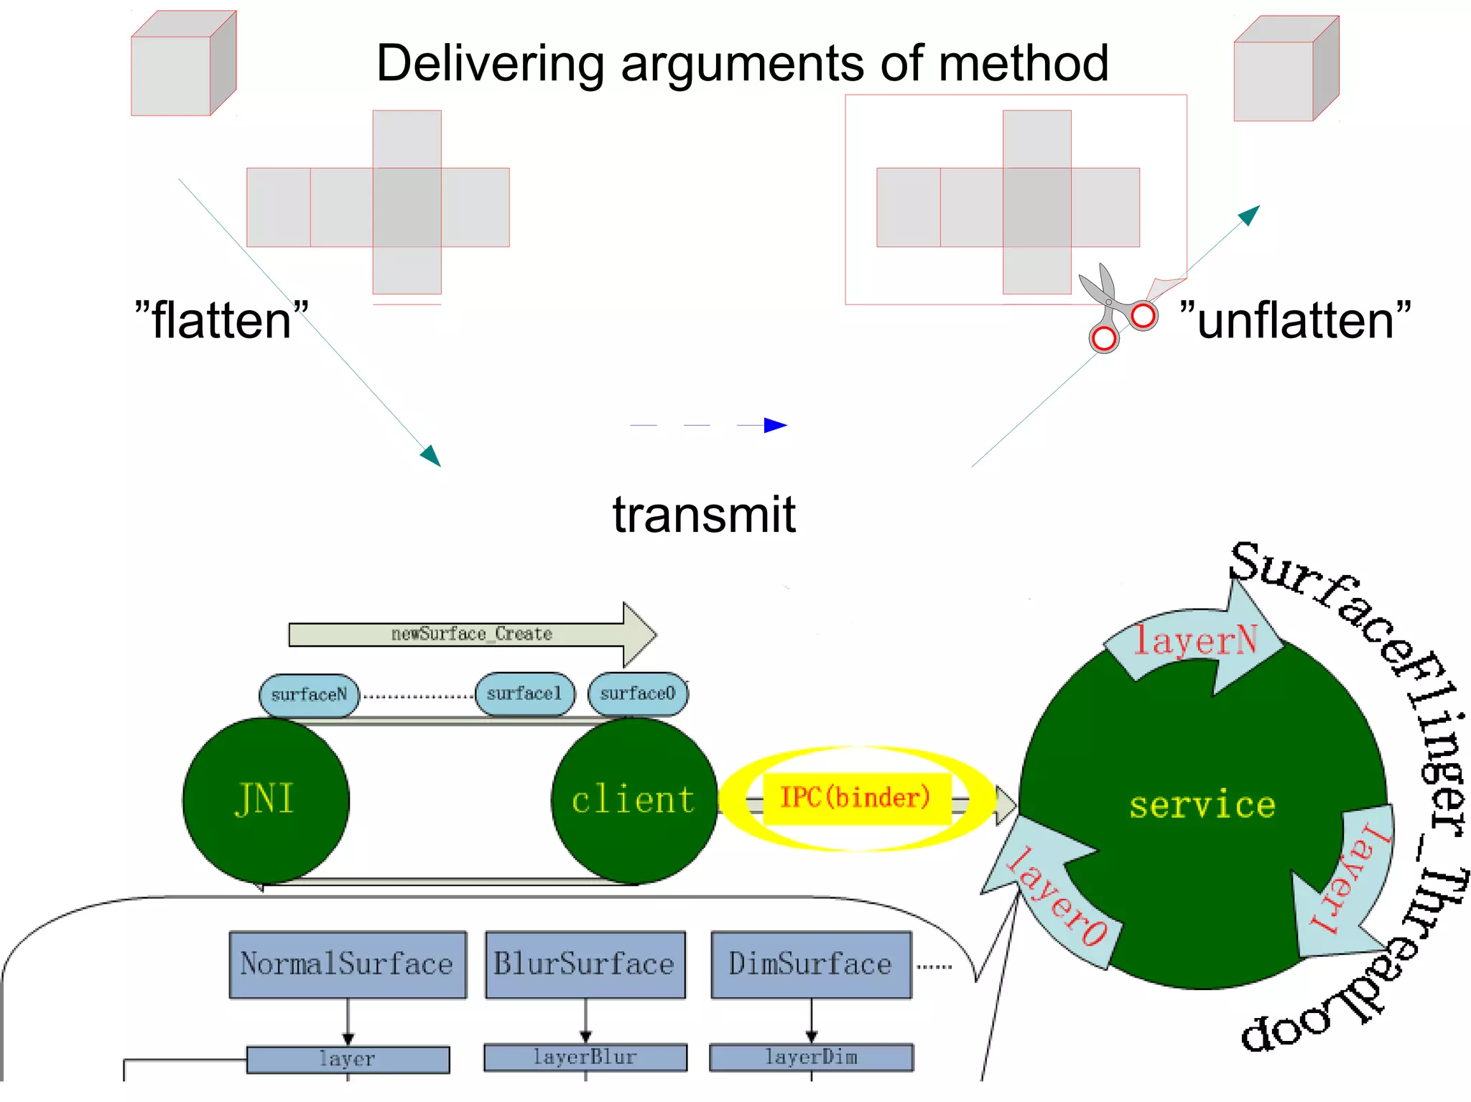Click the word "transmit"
pyautogui.click(x=703, y=515)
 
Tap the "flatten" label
pyautogui.click(x=221, y=320)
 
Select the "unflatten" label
pyautogui.click(x=1295, y=320)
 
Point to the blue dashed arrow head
pyautogui.click(x=775, y=425)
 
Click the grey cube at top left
pyautogui.click(x=183, y=64)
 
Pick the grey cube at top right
pyautogui.click(x=1286, y=70)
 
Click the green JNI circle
pyautogui.click(x=266, y=800)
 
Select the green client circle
pyautogui.click(x=634, y=800)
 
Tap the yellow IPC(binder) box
pyautogui.click(x=855, y=798)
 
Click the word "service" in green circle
pyautogui.click(x=1202, y=805)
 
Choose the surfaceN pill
pyautogui.click(x=309, y=695)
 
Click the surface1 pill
pyautogui.click(x=524, y=694)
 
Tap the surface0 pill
pyautogui.click(x=637, y=694)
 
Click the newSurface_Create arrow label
pyautogui.click(x=471, y=634)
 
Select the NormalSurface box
pyautogui.click(x=348, y=964)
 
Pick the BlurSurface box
pyautogui.click(x=585, y=964)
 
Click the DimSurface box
pyautogui.click(x=811, y=964)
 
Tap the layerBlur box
pyautogui.click(x=585, y=1057)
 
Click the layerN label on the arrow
pyautogui.click(x=1195, y=640)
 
